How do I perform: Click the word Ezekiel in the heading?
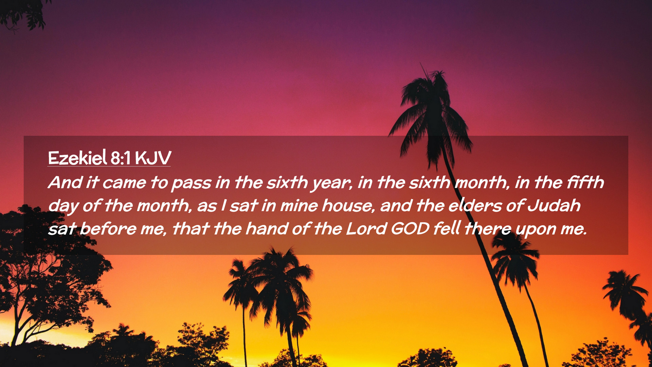coord(77,158)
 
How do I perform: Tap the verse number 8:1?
coord(121,158)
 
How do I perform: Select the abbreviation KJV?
coord(153,158)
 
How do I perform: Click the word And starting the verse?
coord(66,182)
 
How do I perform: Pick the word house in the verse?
coord(348,206)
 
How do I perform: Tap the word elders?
coord(475,206)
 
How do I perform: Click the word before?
coord(108,228)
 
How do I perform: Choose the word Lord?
coord(366,228)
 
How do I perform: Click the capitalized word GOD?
coord(410,229)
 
